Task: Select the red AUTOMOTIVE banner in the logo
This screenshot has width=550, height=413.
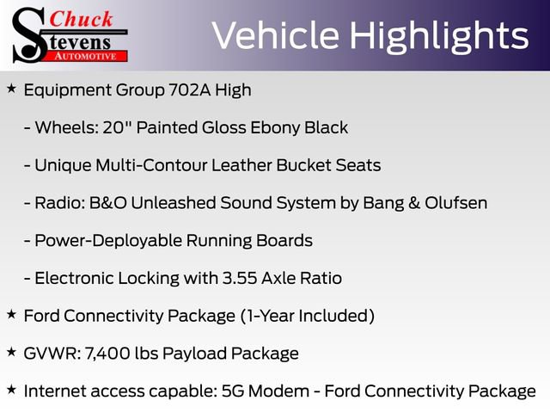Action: coord(87,55)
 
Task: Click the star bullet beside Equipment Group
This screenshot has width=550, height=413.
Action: coord(11,89)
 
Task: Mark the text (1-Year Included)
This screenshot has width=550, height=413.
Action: coord(307,316)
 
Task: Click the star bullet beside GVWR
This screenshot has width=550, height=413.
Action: coord(11,353)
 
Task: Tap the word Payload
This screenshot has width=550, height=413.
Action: coord(199,354)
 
